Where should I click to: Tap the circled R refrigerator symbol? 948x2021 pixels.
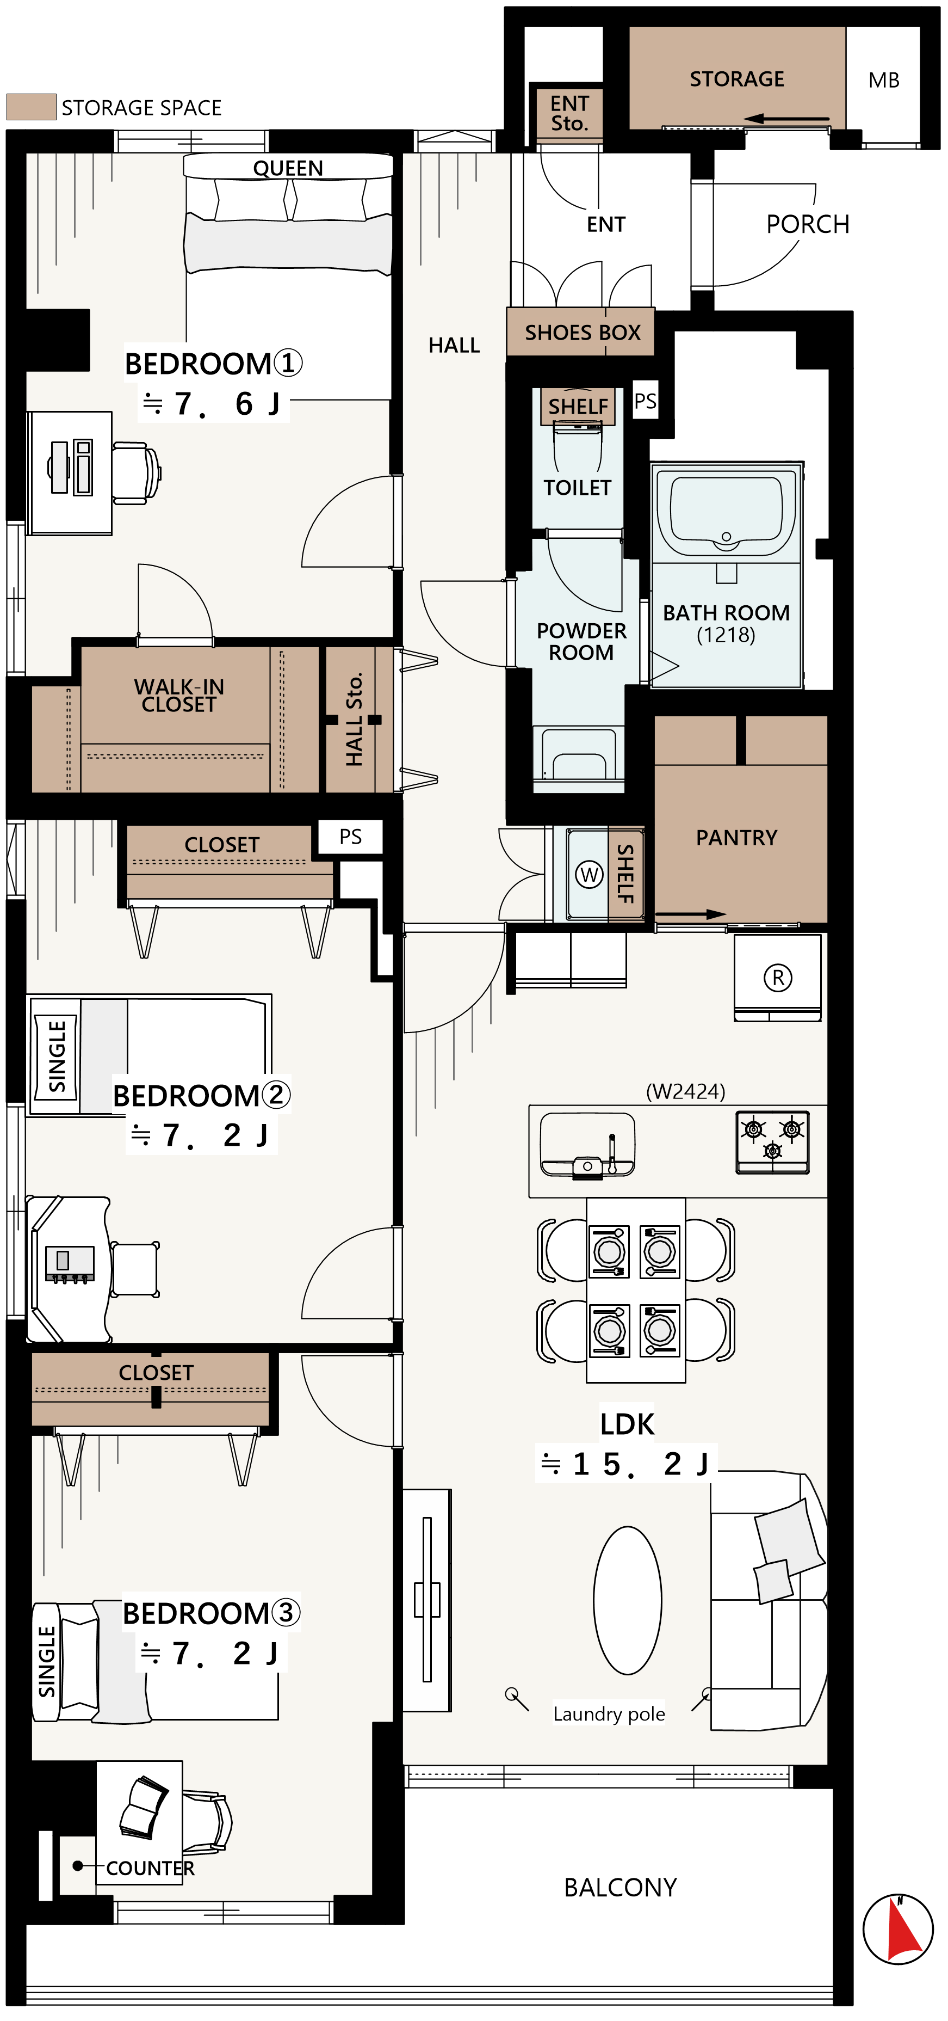pyautogui.click(x=778, y=978)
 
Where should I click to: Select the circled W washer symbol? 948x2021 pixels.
pyautogui.click(x=589, y=874)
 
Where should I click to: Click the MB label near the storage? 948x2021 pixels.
pyautogui.click(x=884, y=80)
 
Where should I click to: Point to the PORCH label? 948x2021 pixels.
pyautogui.click(x=808, y=224)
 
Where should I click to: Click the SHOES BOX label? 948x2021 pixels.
pyautogui.click(x=583, y=333)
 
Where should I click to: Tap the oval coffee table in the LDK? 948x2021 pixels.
pyautogui.click(x=627, y=1600)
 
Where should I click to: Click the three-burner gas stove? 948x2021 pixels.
pyautogui.click(x=772, y=1141)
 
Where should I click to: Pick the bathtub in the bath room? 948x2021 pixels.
pyautogui.click(x=726, y=511)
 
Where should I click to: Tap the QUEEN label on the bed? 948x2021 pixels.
pyautogui.click(x=288, y=168)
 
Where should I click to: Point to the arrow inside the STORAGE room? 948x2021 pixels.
pyautogui.click(x=786, y=119)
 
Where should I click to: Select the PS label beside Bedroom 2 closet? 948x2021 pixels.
pyautogui.click(x=350, y=837)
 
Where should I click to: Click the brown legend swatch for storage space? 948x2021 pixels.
pyautogui.click(x=32, y=107)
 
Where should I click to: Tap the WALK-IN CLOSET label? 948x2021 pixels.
pyautogui.click(x=179, y=695)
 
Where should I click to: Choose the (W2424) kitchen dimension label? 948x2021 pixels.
pyautogui.click(x=685, y=1091)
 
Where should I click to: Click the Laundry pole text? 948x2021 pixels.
pyautogui.click(x=609, y=1713)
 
